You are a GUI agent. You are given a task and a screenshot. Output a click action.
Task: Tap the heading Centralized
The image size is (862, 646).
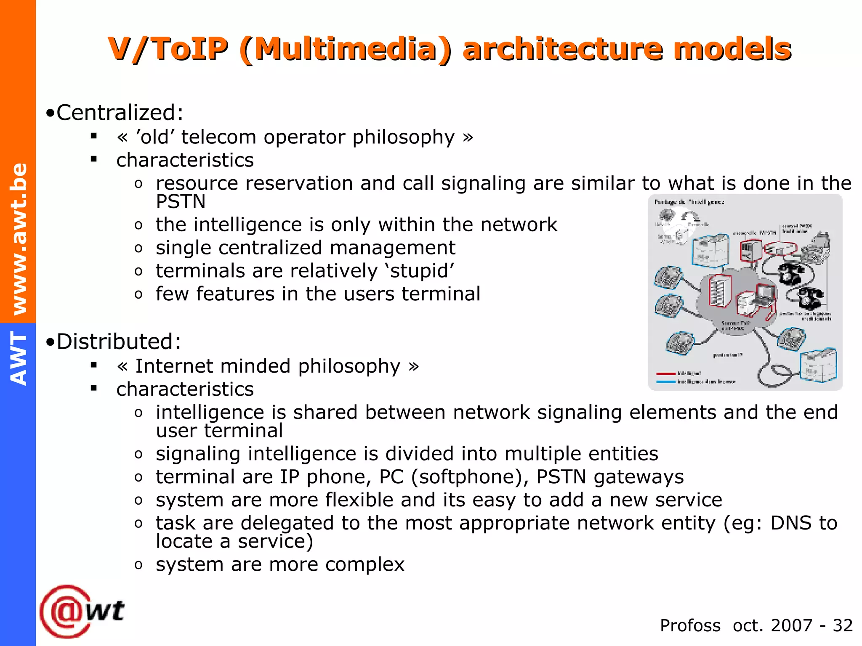coord(120,113)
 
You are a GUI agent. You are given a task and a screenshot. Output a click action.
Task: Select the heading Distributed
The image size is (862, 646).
coord(118,342)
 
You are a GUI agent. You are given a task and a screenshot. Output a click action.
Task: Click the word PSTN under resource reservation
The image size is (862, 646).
coord(181,202)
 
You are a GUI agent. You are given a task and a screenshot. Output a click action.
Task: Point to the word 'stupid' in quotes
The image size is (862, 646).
coord(420,271)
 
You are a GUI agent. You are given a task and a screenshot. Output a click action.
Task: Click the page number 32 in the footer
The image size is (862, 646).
coord(843,625)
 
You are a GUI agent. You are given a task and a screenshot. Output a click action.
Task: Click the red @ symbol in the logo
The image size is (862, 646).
coord(64,611)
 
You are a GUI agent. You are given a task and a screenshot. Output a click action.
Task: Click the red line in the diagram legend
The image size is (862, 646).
coord(666,373)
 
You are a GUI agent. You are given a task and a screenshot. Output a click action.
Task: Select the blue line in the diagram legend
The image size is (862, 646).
coord(666,382)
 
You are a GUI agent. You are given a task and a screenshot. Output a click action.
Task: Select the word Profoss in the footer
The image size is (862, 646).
coord(690,625)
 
